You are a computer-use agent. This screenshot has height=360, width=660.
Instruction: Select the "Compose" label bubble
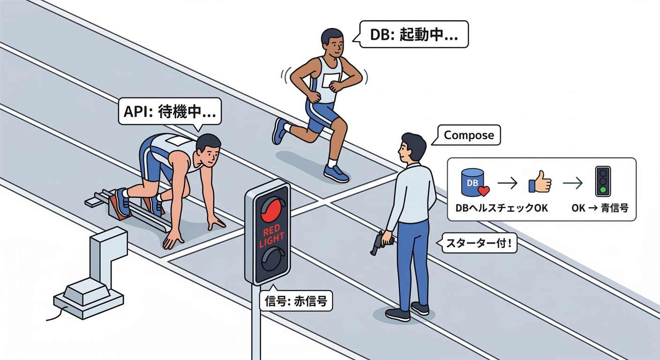pyautogui.click(x=469, y=135)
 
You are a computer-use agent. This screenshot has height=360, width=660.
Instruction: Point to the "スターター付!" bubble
pyautogui.click(x=479, y=244)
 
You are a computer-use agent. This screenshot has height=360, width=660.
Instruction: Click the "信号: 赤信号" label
pyautogui.click(x=296, y=302)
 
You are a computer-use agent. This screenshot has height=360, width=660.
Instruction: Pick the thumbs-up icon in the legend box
pyautogui.click(x=540, y=183)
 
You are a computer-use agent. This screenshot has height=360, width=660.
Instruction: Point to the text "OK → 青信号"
pyautogui.click(x=600, y=208)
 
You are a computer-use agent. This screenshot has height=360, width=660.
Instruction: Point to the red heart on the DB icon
pyautogui.click(x=483, y=191)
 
